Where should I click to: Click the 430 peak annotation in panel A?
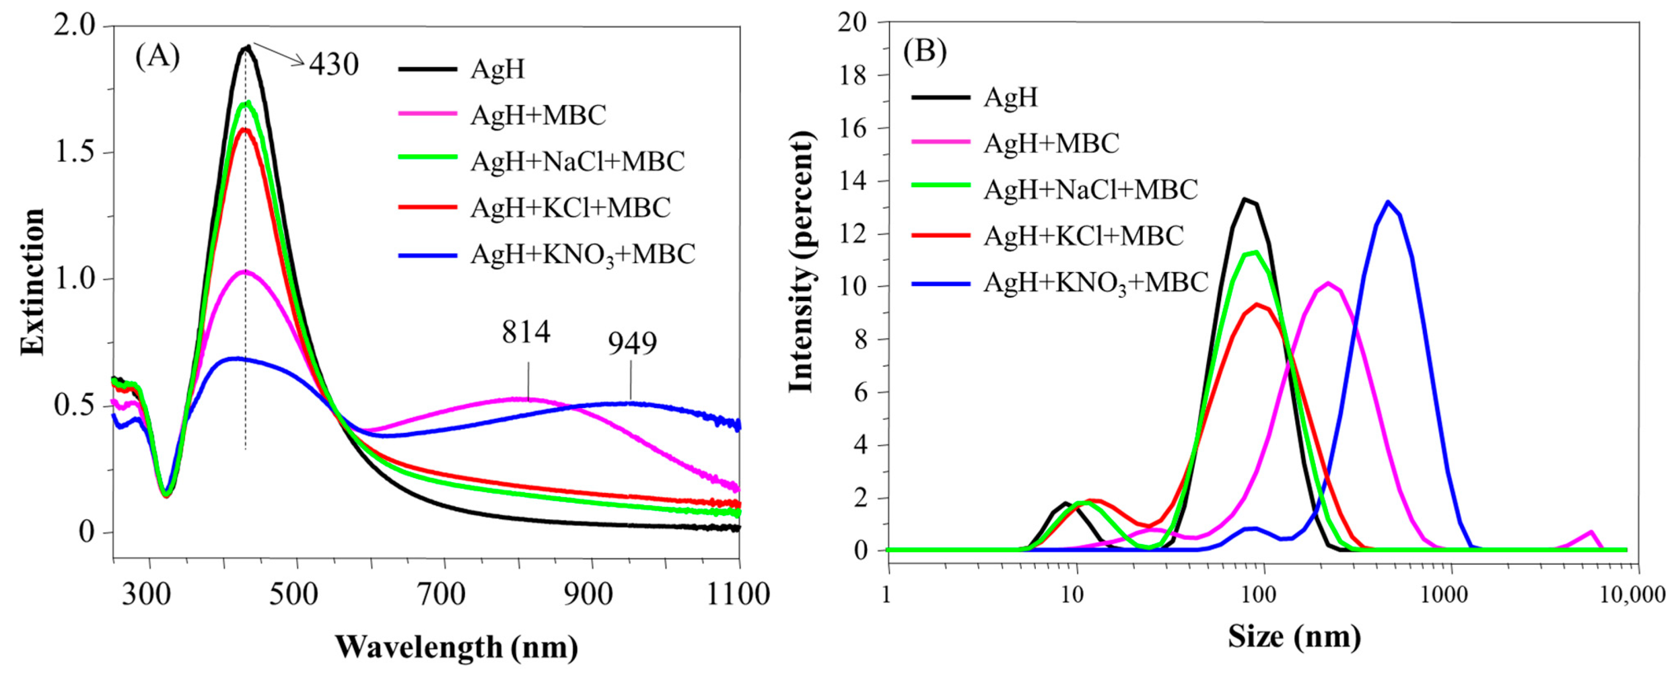333,64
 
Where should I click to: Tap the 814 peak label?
526,332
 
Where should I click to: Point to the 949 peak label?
632,343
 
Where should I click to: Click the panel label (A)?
157,57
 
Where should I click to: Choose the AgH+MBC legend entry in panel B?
1051,143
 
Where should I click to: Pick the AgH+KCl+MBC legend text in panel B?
1083,236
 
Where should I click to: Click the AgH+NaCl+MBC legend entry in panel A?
577,161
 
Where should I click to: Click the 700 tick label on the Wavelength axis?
444,594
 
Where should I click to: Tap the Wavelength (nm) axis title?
456,647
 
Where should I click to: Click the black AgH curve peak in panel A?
246,47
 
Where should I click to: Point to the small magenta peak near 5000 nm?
1590,533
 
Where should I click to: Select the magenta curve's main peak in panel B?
1328,283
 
